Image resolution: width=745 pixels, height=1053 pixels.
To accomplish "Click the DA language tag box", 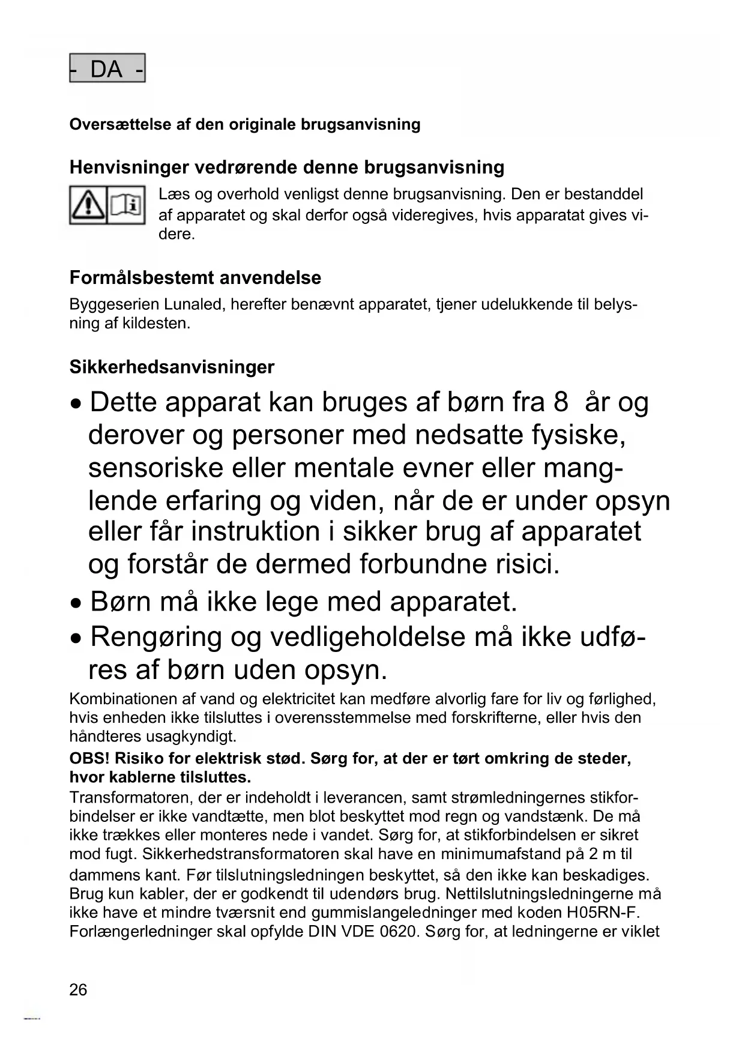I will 107,68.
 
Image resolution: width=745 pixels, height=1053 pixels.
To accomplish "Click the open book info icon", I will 126,205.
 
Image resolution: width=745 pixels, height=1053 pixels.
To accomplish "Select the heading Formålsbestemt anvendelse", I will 195,278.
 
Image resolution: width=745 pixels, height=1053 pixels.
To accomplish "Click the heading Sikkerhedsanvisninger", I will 172,367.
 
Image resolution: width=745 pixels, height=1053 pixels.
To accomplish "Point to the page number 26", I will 78,989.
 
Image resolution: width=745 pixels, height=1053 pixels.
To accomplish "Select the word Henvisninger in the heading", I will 123,167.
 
